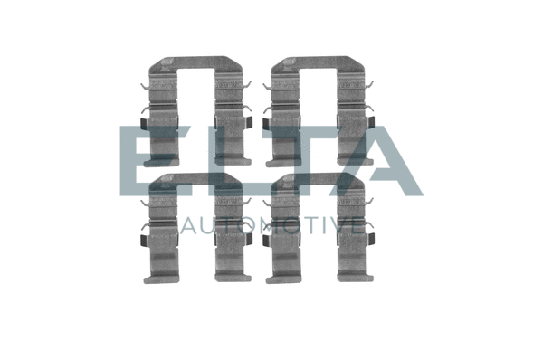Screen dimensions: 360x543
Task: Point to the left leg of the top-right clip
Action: pyautogui.click(x=284, y=118)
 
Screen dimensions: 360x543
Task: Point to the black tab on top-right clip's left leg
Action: pyautogui.click(x=267, y=124)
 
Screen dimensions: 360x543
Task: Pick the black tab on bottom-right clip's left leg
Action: pyautogui.click(x=267, y=240)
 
